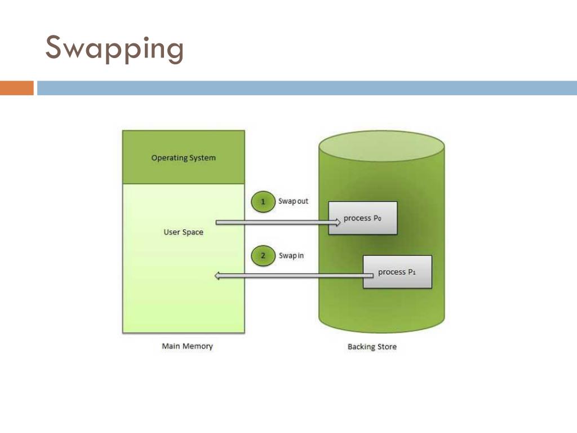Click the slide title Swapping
[114, 48]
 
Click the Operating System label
[183, 158]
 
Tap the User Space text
[183, 232]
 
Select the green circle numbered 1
[263, 202]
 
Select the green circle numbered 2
[263, 256]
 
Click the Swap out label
[294, 201]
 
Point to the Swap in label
[291, 255]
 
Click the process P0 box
[363, 218]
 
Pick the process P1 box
[397, 272]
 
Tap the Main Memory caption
[187, 346]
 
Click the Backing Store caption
[372, 347]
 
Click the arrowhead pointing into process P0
[336, 223]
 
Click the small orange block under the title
[16, 88]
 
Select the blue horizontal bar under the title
[307, 88]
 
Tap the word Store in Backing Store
[386, 347]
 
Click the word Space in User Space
[192, 232]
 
